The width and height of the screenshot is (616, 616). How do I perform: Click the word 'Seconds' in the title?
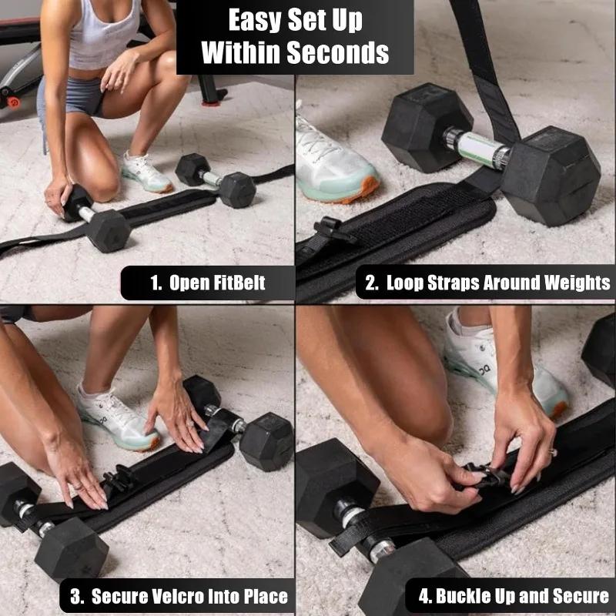[339, 52]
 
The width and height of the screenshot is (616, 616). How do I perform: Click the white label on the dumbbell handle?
[477, 146]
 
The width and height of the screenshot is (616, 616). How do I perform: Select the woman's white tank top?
[104, 35]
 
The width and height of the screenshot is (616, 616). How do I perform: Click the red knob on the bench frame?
[13, 101]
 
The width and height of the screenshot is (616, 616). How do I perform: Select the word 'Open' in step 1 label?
[189, 282]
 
